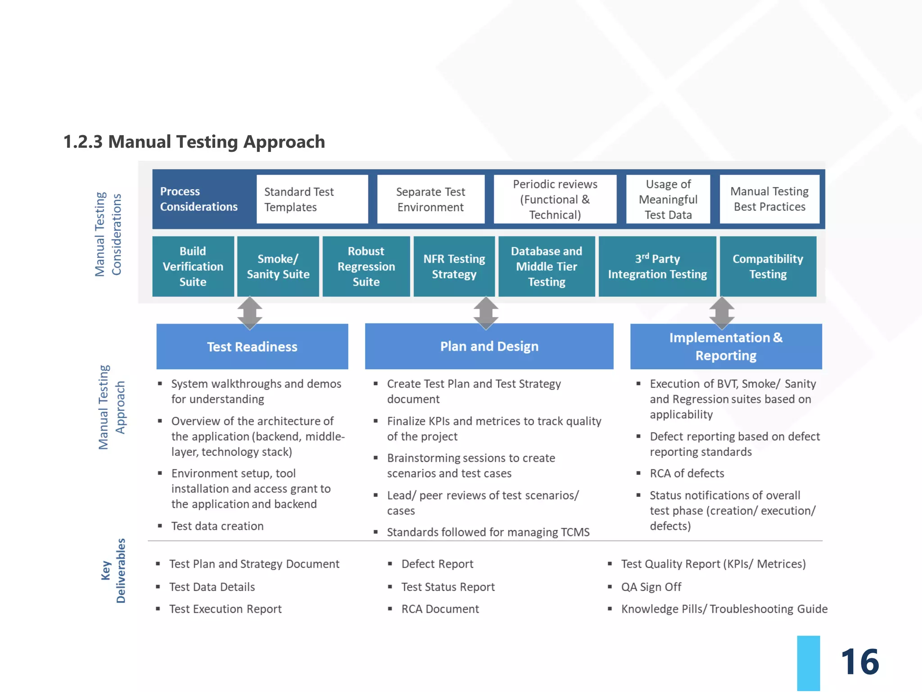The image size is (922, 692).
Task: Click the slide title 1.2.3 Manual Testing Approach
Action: [x=194, y=141]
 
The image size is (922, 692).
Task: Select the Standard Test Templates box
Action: [x=312, y=199]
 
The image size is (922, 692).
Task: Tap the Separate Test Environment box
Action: [x=430, y=199]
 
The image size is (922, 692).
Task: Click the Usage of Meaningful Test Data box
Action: [x=668, y=199]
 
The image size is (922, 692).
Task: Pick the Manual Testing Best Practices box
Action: [x=769, y=199]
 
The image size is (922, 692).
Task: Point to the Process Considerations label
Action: [x=199, y=199]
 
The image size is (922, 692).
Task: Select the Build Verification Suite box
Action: [x=193, y=266]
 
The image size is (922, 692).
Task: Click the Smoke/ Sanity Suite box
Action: [x=278, y=266]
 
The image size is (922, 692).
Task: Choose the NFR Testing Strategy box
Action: [x=454, y=266]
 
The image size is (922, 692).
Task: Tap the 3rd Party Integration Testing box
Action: [x=657, y=266]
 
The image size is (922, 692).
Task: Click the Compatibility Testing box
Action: [x=768, y=266]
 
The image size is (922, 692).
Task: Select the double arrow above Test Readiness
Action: [x=250, y=312]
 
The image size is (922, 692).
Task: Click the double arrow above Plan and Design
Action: [x=486, y=312]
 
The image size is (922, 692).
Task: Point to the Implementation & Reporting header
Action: [x=726, y=346]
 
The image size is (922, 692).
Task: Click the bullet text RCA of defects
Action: [x=687, y=473]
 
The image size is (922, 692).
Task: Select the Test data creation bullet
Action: [x=217, y=526]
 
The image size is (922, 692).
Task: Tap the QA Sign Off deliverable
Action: [x=651, y=587]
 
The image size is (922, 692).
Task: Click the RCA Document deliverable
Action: [x=440, y=609]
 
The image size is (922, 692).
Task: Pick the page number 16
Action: [x=859, y=661]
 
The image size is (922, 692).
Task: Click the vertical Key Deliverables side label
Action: [x=113, y=571]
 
